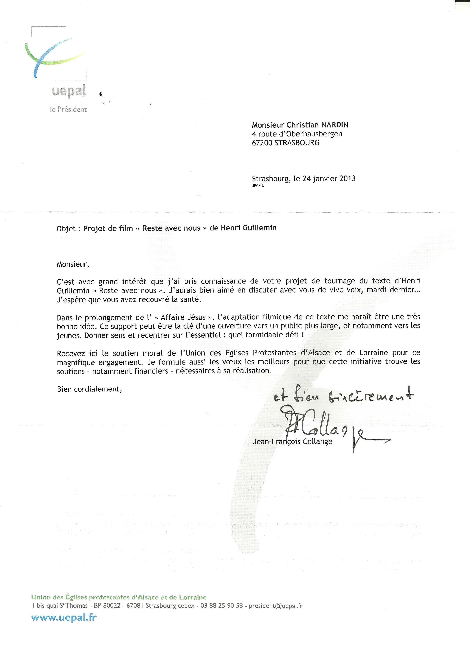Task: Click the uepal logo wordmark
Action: coord(69,91)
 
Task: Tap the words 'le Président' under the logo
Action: coord(68,109)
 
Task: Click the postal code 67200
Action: coord(262,143)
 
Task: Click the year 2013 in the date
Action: coord(347,179)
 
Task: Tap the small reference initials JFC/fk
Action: coord(258,186)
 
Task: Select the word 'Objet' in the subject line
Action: coord(66,229)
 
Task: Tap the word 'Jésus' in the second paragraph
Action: coord(196,317)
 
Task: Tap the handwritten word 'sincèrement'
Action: coord(370,397)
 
